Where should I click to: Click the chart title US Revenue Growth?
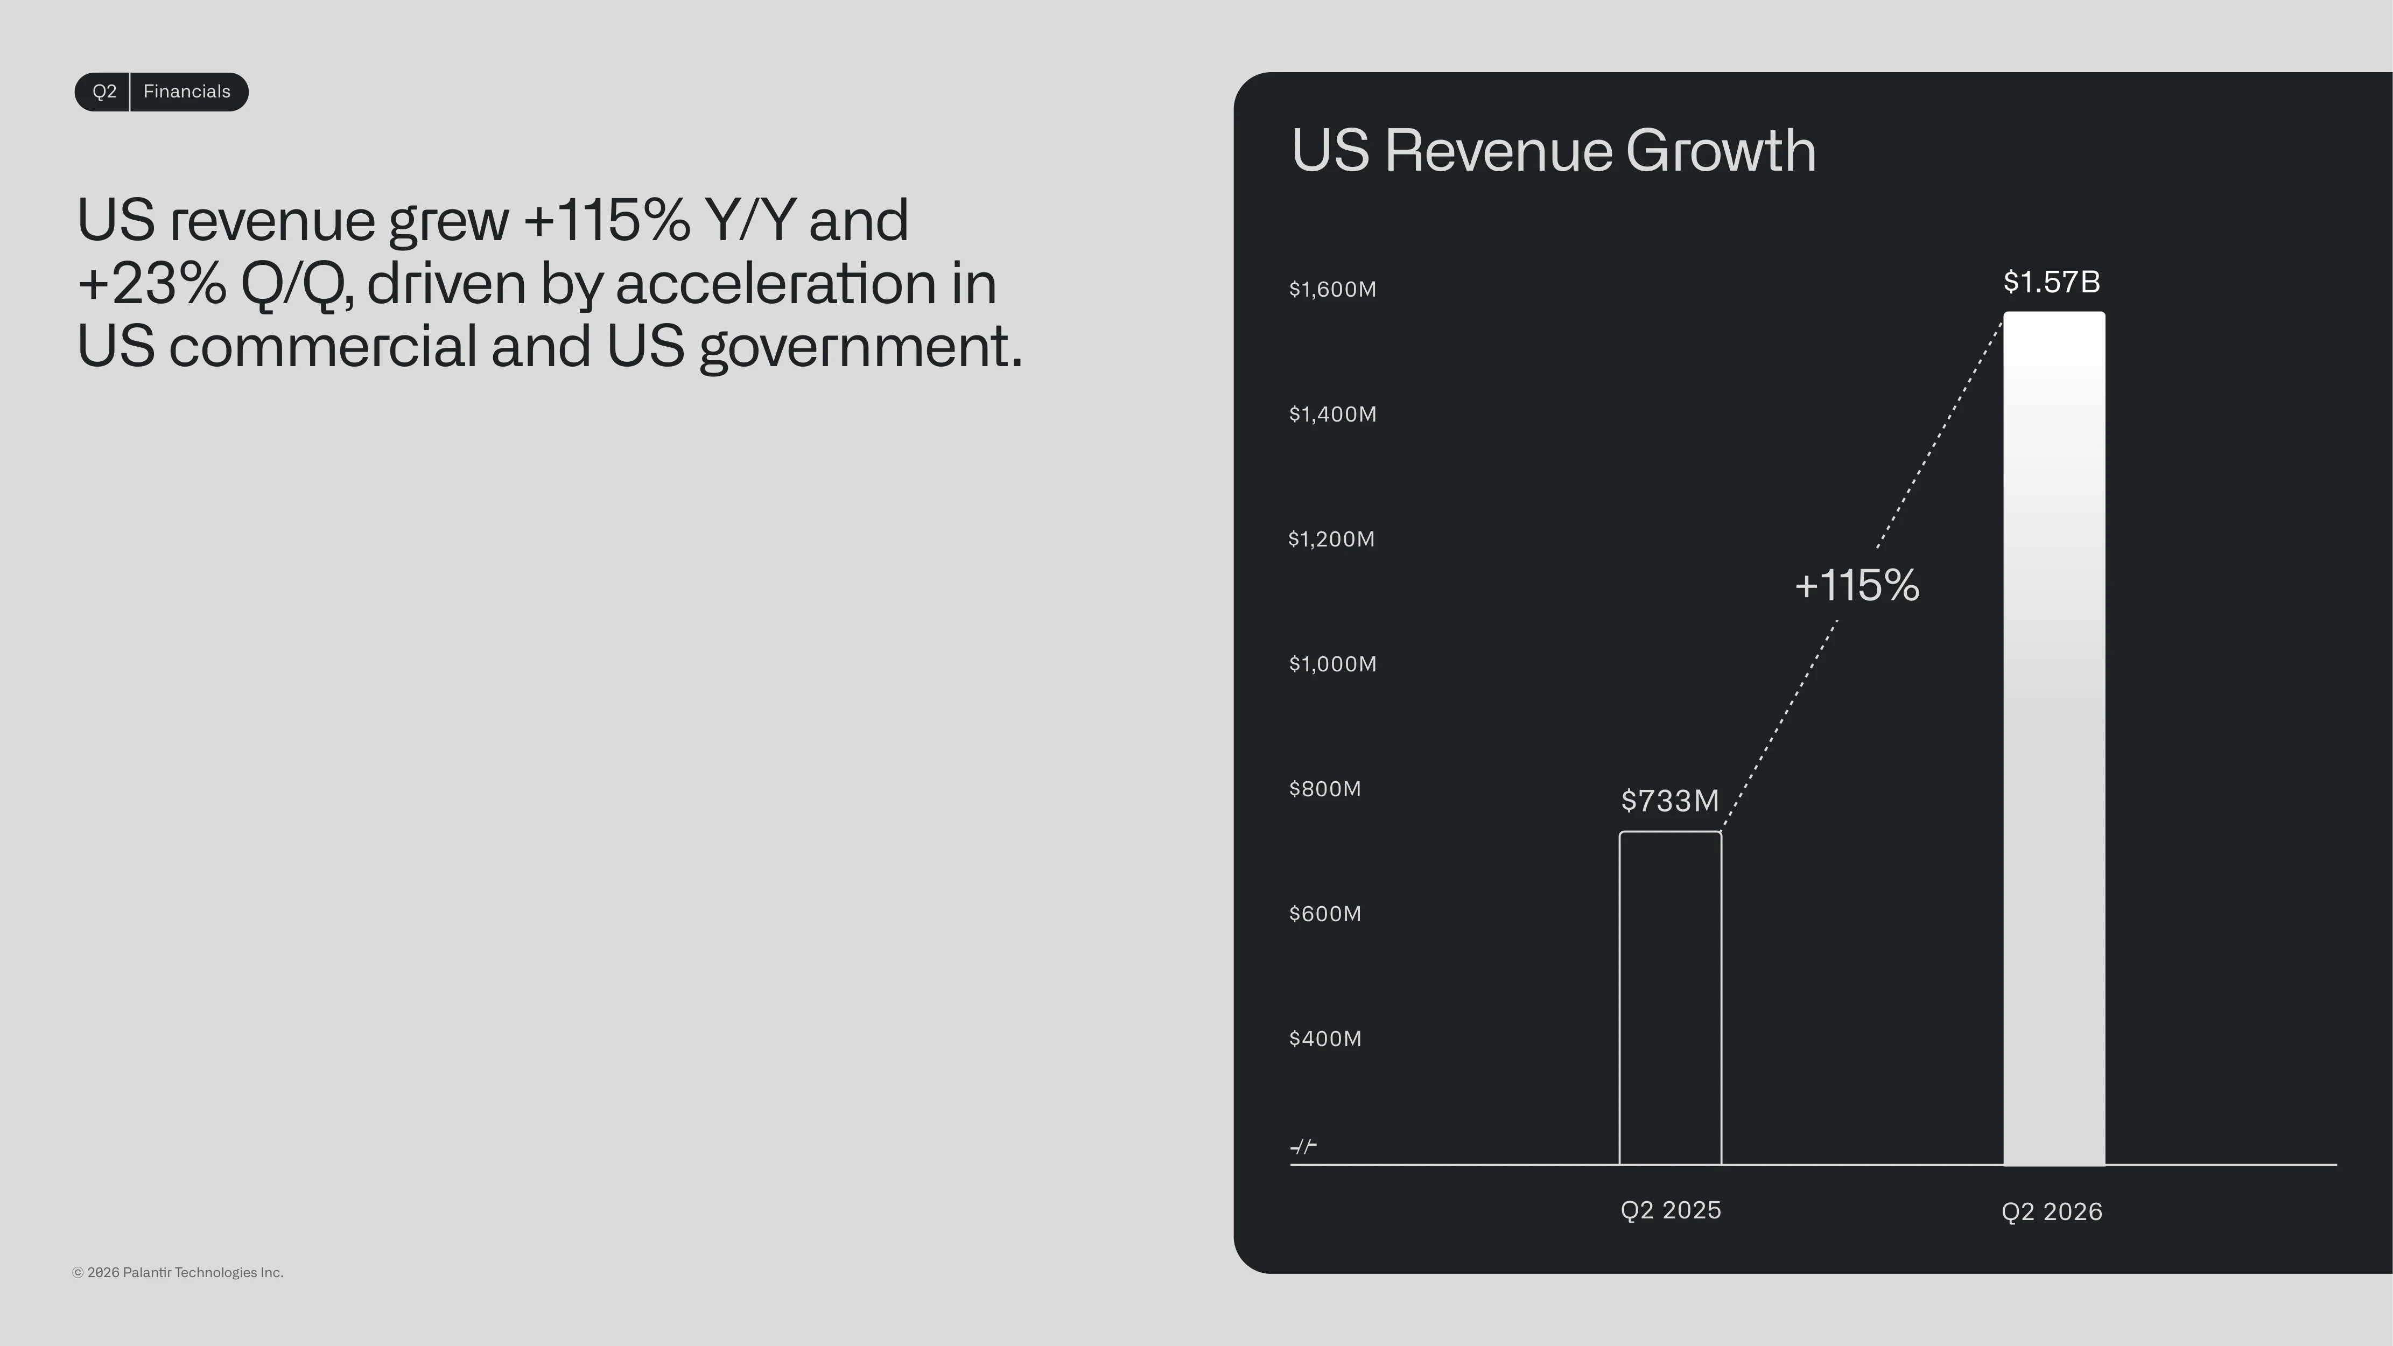(x=1553, y=151)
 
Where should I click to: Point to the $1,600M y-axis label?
(x=1332, y=290)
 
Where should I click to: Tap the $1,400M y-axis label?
(x=1332, y=414)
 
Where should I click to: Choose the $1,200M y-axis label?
(x=1331, y=539)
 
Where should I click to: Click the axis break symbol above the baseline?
(x=1303, y=1147)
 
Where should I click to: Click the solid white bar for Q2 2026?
(x=2054, y=739)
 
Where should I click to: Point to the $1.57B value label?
(x=2051, y=282)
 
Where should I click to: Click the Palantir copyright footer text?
(x=178, y=1273)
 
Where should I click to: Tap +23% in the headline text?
(x=151, y=283)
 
